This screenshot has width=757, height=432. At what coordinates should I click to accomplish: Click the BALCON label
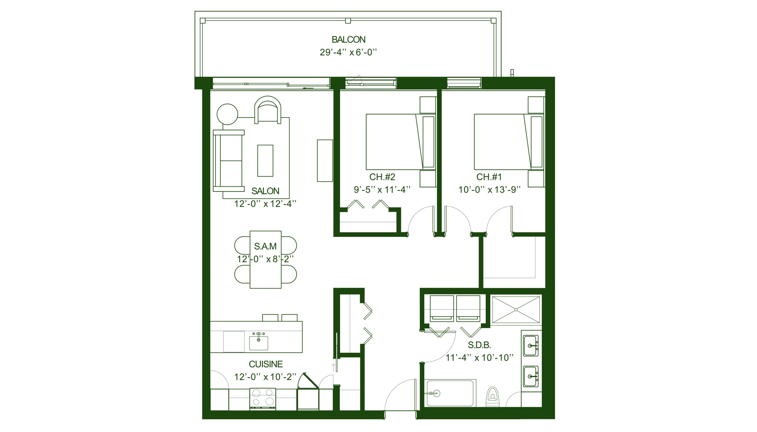348,39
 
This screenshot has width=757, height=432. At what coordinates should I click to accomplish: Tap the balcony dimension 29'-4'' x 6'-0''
348,52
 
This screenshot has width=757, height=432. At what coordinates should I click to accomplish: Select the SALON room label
265,191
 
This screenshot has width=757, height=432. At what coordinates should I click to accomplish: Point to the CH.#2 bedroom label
382,177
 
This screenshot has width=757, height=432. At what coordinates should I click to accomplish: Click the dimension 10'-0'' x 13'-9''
490,190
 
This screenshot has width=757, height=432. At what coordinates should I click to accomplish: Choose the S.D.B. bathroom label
479,345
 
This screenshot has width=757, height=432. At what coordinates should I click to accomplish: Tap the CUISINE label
266,364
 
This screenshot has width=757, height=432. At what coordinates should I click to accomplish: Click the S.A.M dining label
265,246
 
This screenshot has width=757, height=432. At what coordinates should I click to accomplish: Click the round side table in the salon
227,114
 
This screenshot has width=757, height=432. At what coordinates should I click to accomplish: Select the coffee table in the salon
265,160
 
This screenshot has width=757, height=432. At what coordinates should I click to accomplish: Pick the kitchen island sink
258,343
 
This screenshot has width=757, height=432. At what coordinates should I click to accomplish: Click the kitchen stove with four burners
263,399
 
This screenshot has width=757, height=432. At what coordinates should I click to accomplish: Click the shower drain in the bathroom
516,310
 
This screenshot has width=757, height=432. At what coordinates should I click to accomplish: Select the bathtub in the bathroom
450,393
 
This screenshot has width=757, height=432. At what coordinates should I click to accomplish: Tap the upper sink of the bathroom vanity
531,346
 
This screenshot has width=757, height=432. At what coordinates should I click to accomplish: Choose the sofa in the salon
229,160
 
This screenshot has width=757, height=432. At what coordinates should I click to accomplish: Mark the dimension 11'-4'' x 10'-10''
479,357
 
